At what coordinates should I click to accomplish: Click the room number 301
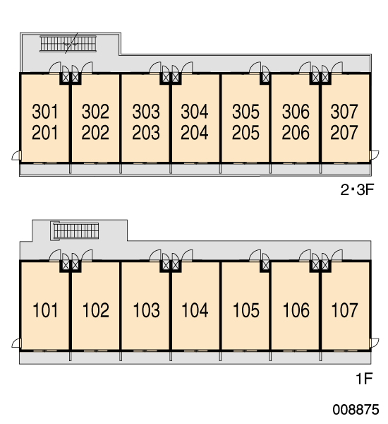click(45, 112)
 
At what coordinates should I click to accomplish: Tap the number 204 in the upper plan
click(195, 133)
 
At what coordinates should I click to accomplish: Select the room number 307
click(344, 112)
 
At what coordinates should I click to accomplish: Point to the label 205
click(245, 133)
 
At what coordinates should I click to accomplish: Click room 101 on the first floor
click(45, 310)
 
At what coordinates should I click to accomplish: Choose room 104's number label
click(195, 310)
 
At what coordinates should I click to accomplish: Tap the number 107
click(344, 310)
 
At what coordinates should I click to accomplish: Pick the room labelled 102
click(95, 310)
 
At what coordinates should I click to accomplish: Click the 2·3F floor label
click(357, 190)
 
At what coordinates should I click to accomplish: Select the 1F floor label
click(365, 378)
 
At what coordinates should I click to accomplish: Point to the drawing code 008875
click(356, 410)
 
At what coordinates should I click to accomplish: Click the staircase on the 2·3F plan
click(68, 44)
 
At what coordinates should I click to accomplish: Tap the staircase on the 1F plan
click(76, 231)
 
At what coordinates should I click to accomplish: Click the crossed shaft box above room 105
click(265, 265)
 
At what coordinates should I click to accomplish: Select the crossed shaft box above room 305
click(265, 78)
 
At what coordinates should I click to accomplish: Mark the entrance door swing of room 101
click(55, 256)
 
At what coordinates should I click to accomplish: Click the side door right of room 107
click(374, 343)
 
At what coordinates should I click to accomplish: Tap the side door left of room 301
click(16, 155)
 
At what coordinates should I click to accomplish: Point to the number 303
click(146, 112)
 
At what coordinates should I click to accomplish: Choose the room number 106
click(296, 310)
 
